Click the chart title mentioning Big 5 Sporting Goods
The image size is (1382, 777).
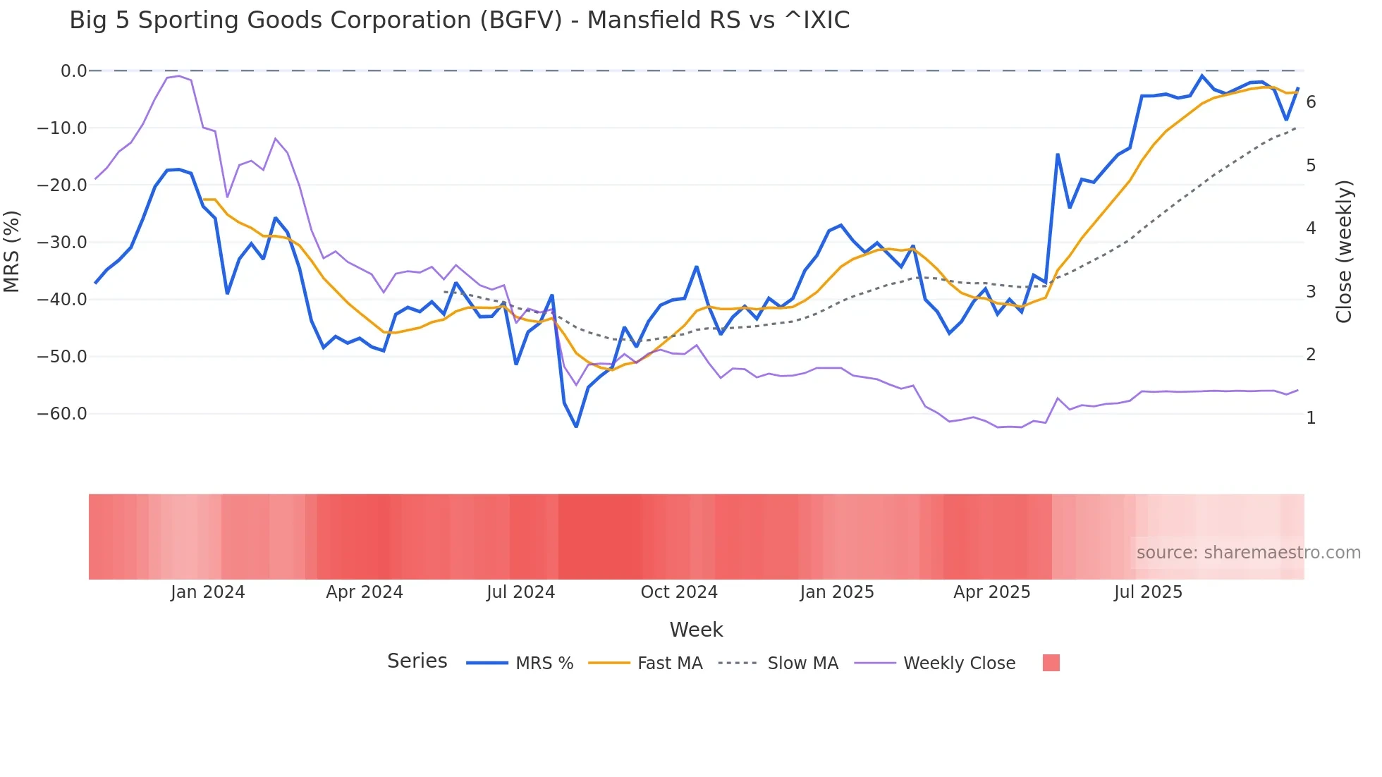[x=459, y=20]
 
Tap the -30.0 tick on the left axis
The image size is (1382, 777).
[x=62, y=242]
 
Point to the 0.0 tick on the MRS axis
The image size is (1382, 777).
[x=73, y=71]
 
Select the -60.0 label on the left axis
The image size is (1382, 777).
[x=62, y=413]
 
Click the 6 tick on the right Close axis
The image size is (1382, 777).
[x=1311, y=102]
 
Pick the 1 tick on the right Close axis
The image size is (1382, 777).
[x=1311, y=418]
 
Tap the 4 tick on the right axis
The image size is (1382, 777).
[x=1311, y=228]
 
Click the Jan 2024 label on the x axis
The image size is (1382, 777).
[x=207, y=592]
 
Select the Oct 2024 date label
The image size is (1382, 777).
[x=678, y=592]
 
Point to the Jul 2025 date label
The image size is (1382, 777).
[x=1148, y=592]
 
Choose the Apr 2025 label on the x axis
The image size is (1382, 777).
[x=991, y=592]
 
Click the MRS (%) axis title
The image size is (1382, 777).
[x=12, y=251]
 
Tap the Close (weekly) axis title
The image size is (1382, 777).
[x=1344, y=251]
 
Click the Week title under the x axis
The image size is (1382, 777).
[x=696, y=630]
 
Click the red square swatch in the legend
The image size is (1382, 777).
[x=1051, y=663]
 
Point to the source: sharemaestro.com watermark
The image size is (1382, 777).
[x=1248, y=553]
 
